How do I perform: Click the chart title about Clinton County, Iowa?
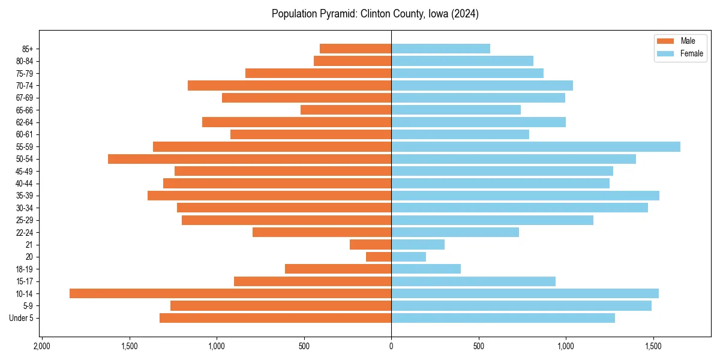pos(375,14)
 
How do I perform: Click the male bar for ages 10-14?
pos(230,293)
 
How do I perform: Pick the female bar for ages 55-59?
pos(536,147)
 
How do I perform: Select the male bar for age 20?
pos(379,257)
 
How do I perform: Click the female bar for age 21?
pos(418,245)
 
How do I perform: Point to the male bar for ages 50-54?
pos(250,159)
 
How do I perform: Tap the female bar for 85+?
pos(440,49)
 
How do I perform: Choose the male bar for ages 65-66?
pos(346,110)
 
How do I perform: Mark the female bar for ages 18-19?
pos(426,269)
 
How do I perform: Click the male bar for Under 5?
pos(275,318)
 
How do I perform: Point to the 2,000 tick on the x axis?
pos(41,346)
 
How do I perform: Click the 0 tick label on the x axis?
pos(391,346)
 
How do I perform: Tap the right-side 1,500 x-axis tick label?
pos(653,346)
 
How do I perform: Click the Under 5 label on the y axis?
pos(22,318)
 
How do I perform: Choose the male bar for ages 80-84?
pos(352,61)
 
